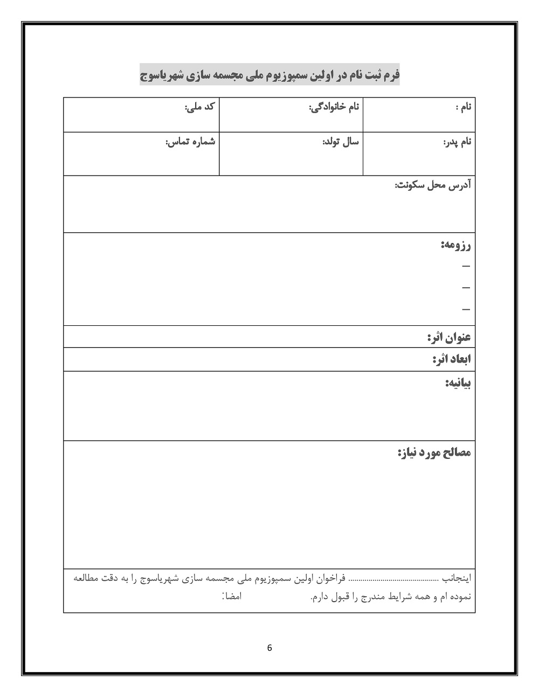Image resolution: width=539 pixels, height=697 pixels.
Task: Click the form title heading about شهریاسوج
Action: point(269,75)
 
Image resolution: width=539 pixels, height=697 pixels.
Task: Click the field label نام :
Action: point(463,107)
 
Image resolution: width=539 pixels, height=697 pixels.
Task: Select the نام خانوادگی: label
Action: point(334,107)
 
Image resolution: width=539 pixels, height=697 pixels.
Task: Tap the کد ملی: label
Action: point(199,107)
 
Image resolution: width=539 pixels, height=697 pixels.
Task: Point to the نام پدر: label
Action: point(457,142)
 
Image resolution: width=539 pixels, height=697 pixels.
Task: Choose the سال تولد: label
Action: point(340,142)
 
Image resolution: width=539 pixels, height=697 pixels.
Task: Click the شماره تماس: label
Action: point(190,142)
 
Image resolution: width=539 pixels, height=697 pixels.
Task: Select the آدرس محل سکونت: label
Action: point(433,185)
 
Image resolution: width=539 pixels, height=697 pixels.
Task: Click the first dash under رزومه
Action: point(466,266)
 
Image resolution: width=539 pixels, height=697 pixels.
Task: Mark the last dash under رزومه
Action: point(466,310)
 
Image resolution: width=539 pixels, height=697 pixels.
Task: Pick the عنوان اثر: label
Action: point(449,338)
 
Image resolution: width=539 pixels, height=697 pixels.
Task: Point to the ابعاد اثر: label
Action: point(452,359)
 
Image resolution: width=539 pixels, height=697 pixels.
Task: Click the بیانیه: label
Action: point(458,384)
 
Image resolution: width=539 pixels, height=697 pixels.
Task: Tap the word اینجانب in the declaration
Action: point(457,578)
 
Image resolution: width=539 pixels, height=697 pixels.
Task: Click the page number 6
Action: point(269,648)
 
